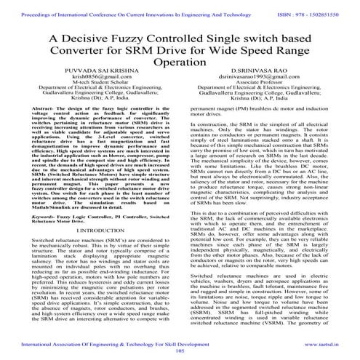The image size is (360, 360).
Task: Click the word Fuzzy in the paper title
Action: pyautogui.click(x=132, y=39)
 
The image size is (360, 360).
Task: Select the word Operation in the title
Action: pyautogui.click(x=180, y=65)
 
